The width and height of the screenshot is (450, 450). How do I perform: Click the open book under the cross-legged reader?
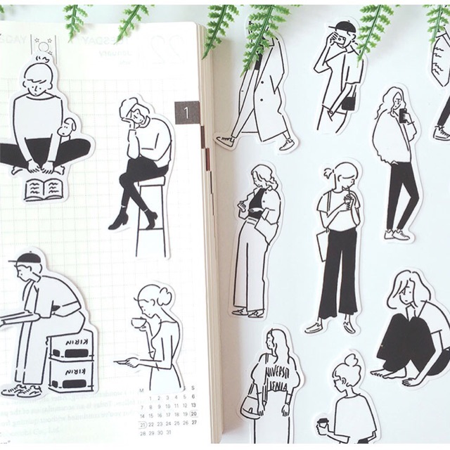pos(43,188)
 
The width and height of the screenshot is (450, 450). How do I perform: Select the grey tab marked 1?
pos(186,112)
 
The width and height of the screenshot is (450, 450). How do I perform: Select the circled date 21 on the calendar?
pos(143,425)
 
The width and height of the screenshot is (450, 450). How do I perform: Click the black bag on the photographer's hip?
pos(348,103)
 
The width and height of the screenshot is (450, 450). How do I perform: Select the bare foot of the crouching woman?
pos(385,373)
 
